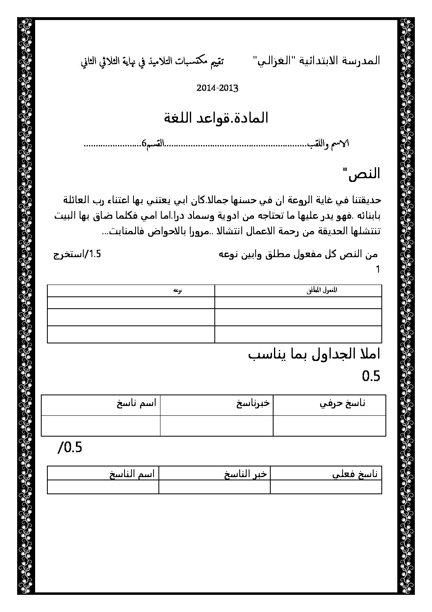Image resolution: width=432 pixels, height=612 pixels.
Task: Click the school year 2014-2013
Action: point(217,88)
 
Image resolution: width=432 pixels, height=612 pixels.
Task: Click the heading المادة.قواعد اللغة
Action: point(216,118)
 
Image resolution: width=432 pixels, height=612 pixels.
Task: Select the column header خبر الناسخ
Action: point(245,474)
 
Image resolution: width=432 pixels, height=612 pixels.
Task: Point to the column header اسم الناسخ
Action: point(131,474)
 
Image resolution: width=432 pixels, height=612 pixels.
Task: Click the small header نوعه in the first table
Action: point(177,290)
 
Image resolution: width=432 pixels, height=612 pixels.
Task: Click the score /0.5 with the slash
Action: point(70,448)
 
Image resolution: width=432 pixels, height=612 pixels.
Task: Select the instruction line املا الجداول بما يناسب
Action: point(314,354)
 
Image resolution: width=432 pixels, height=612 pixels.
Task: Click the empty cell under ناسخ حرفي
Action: point(330,426)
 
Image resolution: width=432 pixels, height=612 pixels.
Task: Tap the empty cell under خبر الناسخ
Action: point(214,487)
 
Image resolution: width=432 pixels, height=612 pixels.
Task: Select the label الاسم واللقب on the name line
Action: point(331,144)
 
